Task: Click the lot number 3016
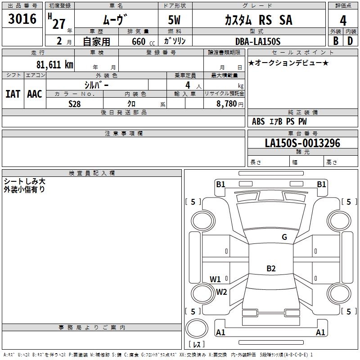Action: (x=22, y=18)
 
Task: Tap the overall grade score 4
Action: (x=343, y=20)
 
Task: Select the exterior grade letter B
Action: (x=336, y=41)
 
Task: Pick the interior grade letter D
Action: (x=350, y=41)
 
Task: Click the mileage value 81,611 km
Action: (x=55, y=64)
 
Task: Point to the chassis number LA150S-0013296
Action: (x=302, y=143)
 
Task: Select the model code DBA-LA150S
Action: (x=258, y=41)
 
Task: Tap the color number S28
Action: (x=74, y=104)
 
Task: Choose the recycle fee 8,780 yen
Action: (x=230, y=104)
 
